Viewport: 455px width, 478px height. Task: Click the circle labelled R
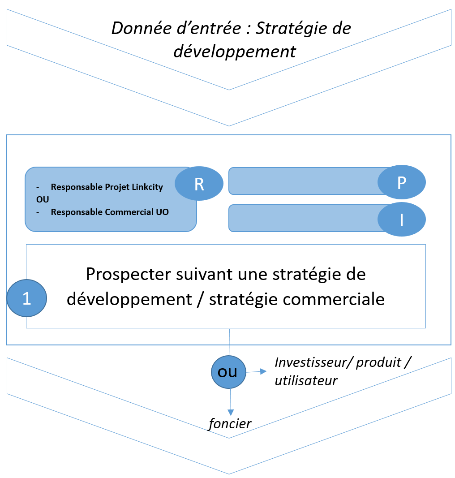point(198,184)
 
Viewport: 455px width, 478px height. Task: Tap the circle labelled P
point(402,182)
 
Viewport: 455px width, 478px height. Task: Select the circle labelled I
point(402,220)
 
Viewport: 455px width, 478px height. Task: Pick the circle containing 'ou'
point(229,371)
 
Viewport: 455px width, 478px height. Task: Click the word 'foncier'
point(230,423)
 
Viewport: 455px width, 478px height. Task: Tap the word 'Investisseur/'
point(313,362)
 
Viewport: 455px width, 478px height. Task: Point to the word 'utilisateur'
point(306,380)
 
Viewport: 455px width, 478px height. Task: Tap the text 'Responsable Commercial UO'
point(110,212)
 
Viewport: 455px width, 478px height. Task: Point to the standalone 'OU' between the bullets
point(43,200)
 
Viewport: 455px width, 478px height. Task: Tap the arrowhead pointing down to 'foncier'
point(230,412)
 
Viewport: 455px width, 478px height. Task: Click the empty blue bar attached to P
point(305,181)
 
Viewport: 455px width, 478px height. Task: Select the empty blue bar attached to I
point(305,218)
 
